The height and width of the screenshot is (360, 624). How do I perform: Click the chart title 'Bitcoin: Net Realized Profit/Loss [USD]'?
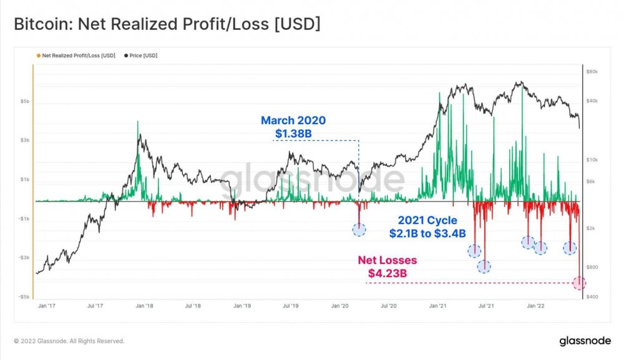point(167,24)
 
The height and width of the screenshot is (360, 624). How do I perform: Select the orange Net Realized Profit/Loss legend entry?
point(77,56)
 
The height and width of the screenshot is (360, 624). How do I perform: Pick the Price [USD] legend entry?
point(142,56)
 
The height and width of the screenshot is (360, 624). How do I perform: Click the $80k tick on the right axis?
point(592,72)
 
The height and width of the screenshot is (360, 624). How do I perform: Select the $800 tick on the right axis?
point(592,267)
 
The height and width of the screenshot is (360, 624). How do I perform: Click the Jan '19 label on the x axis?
point(242,306)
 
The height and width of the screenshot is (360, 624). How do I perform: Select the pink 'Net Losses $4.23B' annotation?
point(387,266)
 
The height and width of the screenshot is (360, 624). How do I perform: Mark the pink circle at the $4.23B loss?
point(579,283)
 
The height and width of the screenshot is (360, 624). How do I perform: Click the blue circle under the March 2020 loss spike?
point(359,230)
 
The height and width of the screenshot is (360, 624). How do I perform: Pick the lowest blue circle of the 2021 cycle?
point(484,267)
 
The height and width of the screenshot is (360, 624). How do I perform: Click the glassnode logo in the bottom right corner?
point(581,341)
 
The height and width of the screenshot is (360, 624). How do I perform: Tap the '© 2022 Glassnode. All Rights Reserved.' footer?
point(69,341)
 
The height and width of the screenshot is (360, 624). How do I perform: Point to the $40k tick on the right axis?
point(592,101)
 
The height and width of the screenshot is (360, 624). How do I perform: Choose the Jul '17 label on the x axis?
point(95,306)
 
